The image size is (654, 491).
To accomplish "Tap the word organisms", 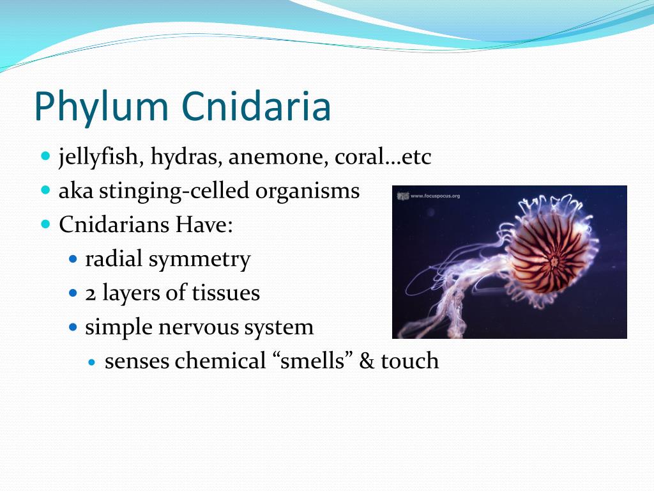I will [311, 191].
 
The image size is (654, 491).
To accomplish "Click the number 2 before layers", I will [91, 293].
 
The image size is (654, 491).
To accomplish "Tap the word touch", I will [410, 361].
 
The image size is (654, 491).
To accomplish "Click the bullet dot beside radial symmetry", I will [73, 260].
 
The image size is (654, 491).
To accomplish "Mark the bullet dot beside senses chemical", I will [92, 362].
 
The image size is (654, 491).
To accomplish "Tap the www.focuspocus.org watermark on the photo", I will [434, 196].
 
